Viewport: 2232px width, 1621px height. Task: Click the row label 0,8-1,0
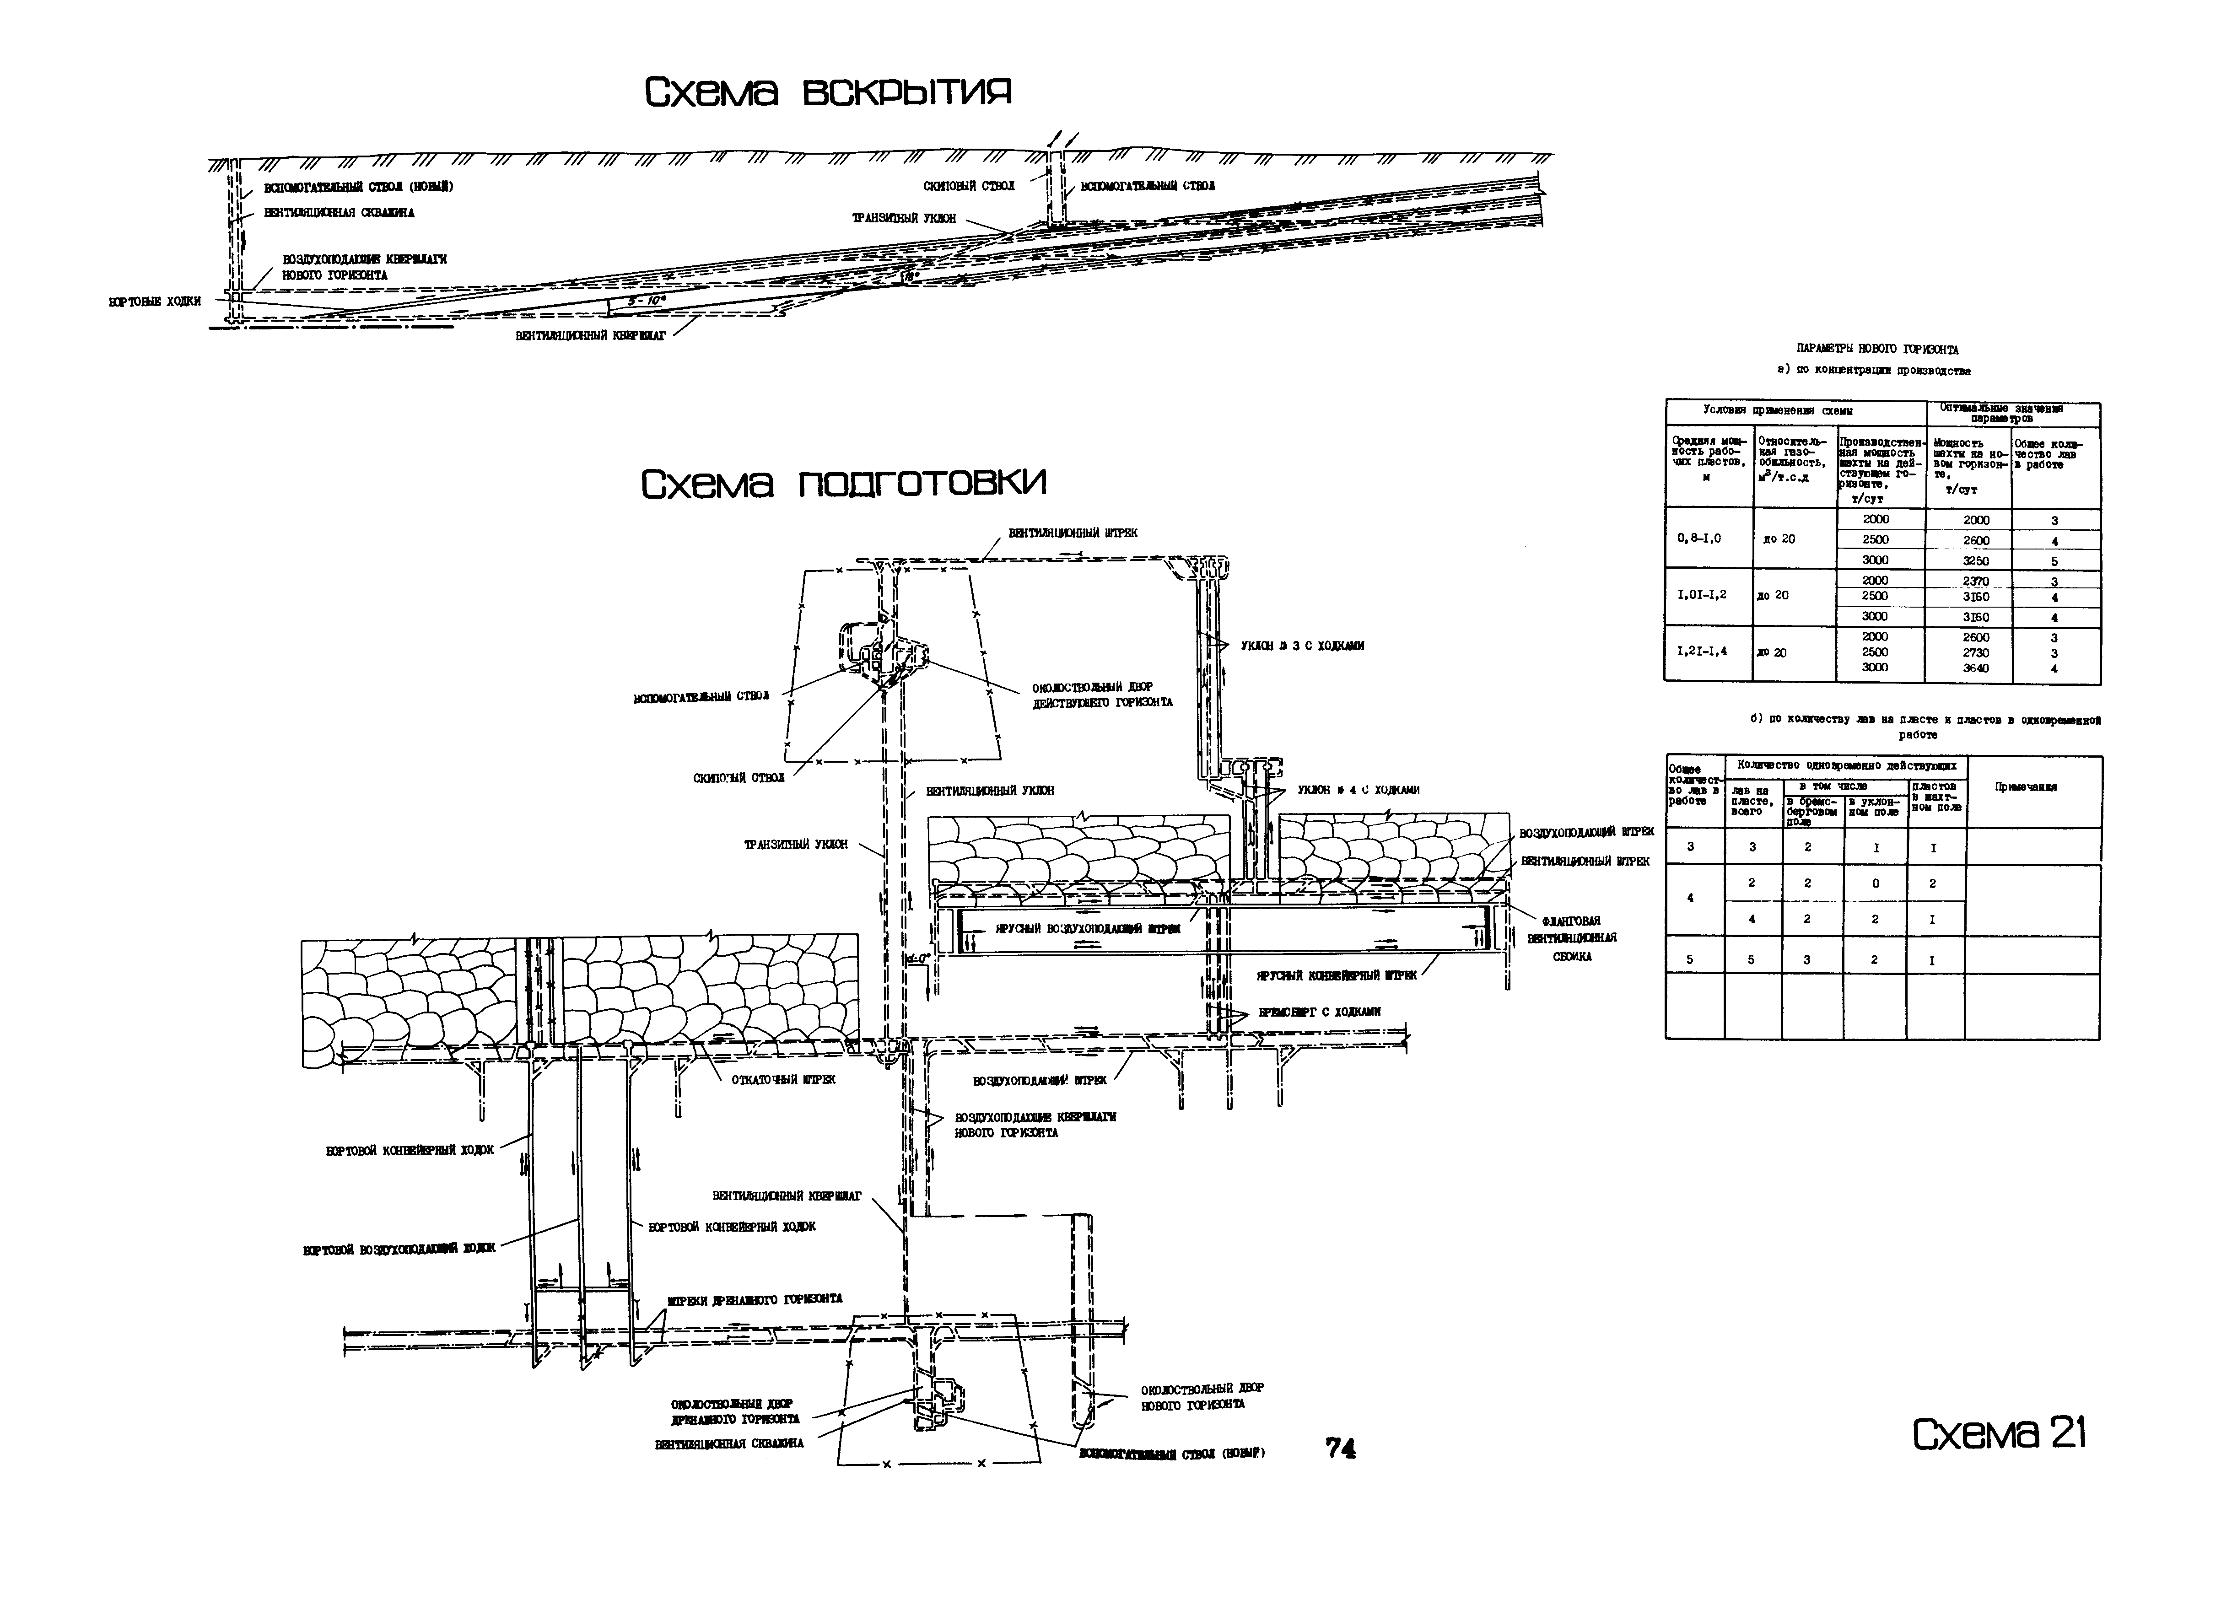pyautogui.click(x=1698, y=539)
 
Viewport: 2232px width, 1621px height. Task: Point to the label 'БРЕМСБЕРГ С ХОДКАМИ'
pyautogui.click(x=1319, y=1012)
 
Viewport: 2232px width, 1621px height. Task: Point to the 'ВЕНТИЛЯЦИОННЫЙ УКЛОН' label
pyautogui.click(x=989, y=790)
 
